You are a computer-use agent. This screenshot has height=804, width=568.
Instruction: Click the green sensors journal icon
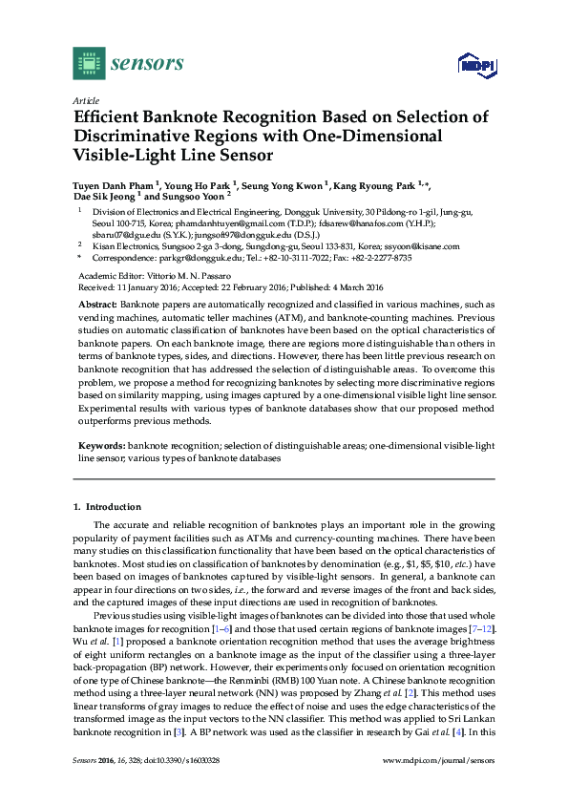[88, 64]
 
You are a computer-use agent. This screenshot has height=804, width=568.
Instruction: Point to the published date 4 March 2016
[353, 286]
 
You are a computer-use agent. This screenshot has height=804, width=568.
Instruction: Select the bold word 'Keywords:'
[102, 445]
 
